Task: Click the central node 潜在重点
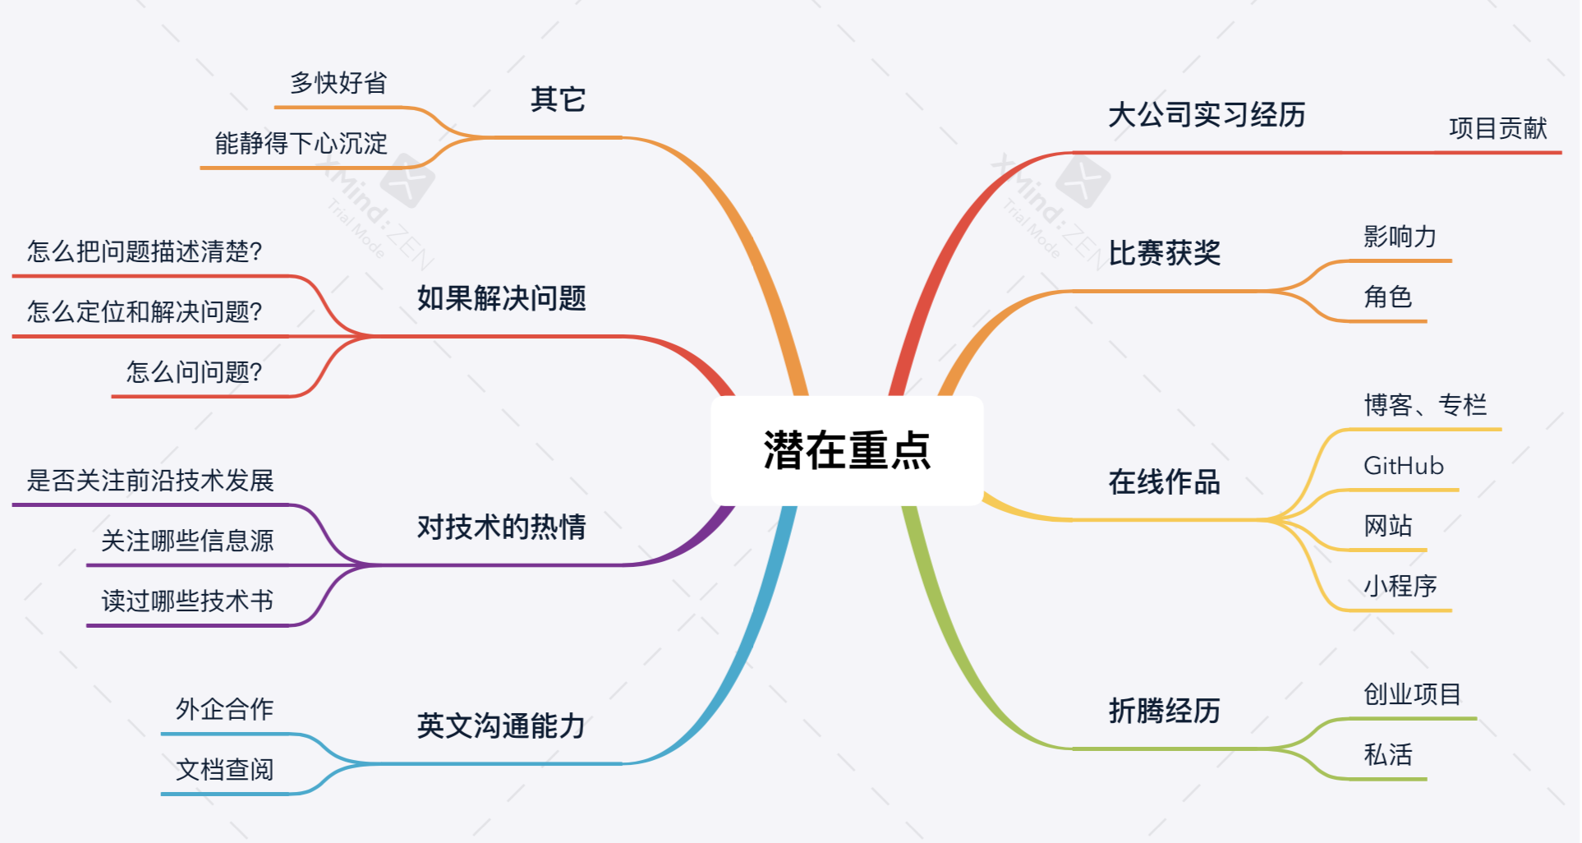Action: (x=847, y=450)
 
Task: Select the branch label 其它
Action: (x=558, y=99)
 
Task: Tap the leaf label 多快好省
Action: (x=338, y=83)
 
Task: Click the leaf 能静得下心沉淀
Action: (x=301, y=144)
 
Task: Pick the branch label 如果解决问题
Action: (x=501, y=298)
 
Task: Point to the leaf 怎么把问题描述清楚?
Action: (x=145, y=251)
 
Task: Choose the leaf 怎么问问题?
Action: (x=194, y=372)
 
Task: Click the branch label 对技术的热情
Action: (x=501, y=527)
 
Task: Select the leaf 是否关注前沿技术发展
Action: (x=150, y=481)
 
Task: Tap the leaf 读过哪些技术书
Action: (x=187, y=601)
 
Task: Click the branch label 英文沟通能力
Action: (x=501, y=726)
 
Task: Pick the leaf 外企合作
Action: (x=224, y=709)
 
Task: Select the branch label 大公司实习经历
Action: (x=1207, y=115)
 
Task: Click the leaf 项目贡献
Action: (x=1497, y=128)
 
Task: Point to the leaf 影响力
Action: (x=1400, y=237)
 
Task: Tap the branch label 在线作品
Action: (x=1164, y=482)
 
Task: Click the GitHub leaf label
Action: (x=1403, y=466)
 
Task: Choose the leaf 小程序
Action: (x=1400, y=586)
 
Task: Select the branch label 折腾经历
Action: (x=1164, y=711)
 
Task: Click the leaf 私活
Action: (x=1387, y=754)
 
